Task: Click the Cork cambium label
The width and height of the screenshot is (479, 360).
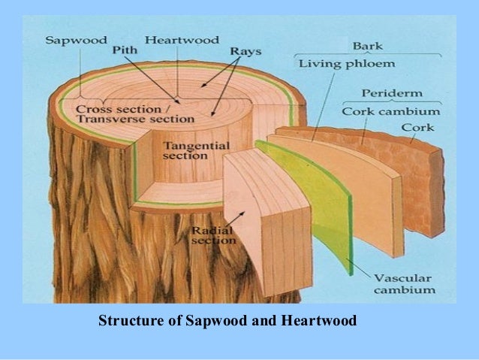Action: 390,111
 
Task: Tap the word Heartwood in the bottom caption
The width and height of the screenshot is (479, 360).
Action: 319,322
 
